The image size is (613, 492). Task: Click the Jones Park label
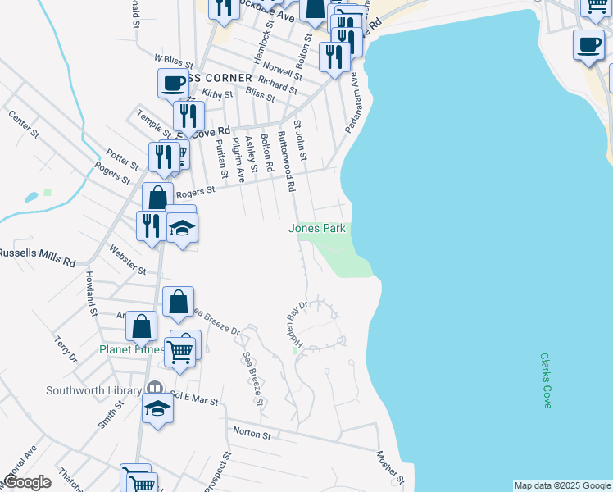pyautogui.click(x=317, y=229)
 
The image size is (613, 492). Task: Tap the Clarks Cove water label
pyautogui.click(x=547, y=376)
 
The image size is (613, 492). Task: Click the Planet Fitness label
pyautogui.click(x=131, y=349)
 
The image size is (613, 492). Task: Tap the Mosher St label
pyautogui.click(x=391, y=465)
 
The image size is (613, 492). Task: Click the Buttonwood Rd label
pyautogui.click(x=286, y=161)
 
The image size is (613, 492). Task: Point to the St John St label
pyautogui.click(x=302, y=139)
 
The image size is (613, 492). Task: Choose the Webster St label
pyautogui.click(x=127, y=264)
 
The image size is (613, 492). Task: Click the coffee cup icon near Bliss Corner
pyautogui.click(x=173, y=84)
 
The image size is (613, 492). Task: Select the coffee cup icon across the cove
pyautogui.click(x=588, y=44)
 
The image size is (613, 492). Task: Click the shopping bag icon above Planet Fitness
pyautogui.click(x=178, y=302)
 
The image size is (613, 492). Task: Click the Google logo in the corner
pyautogui.click(x=28, y=482)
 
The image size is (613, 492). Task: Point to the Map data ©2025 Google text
pyautogui.click(x=562, y=485)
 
